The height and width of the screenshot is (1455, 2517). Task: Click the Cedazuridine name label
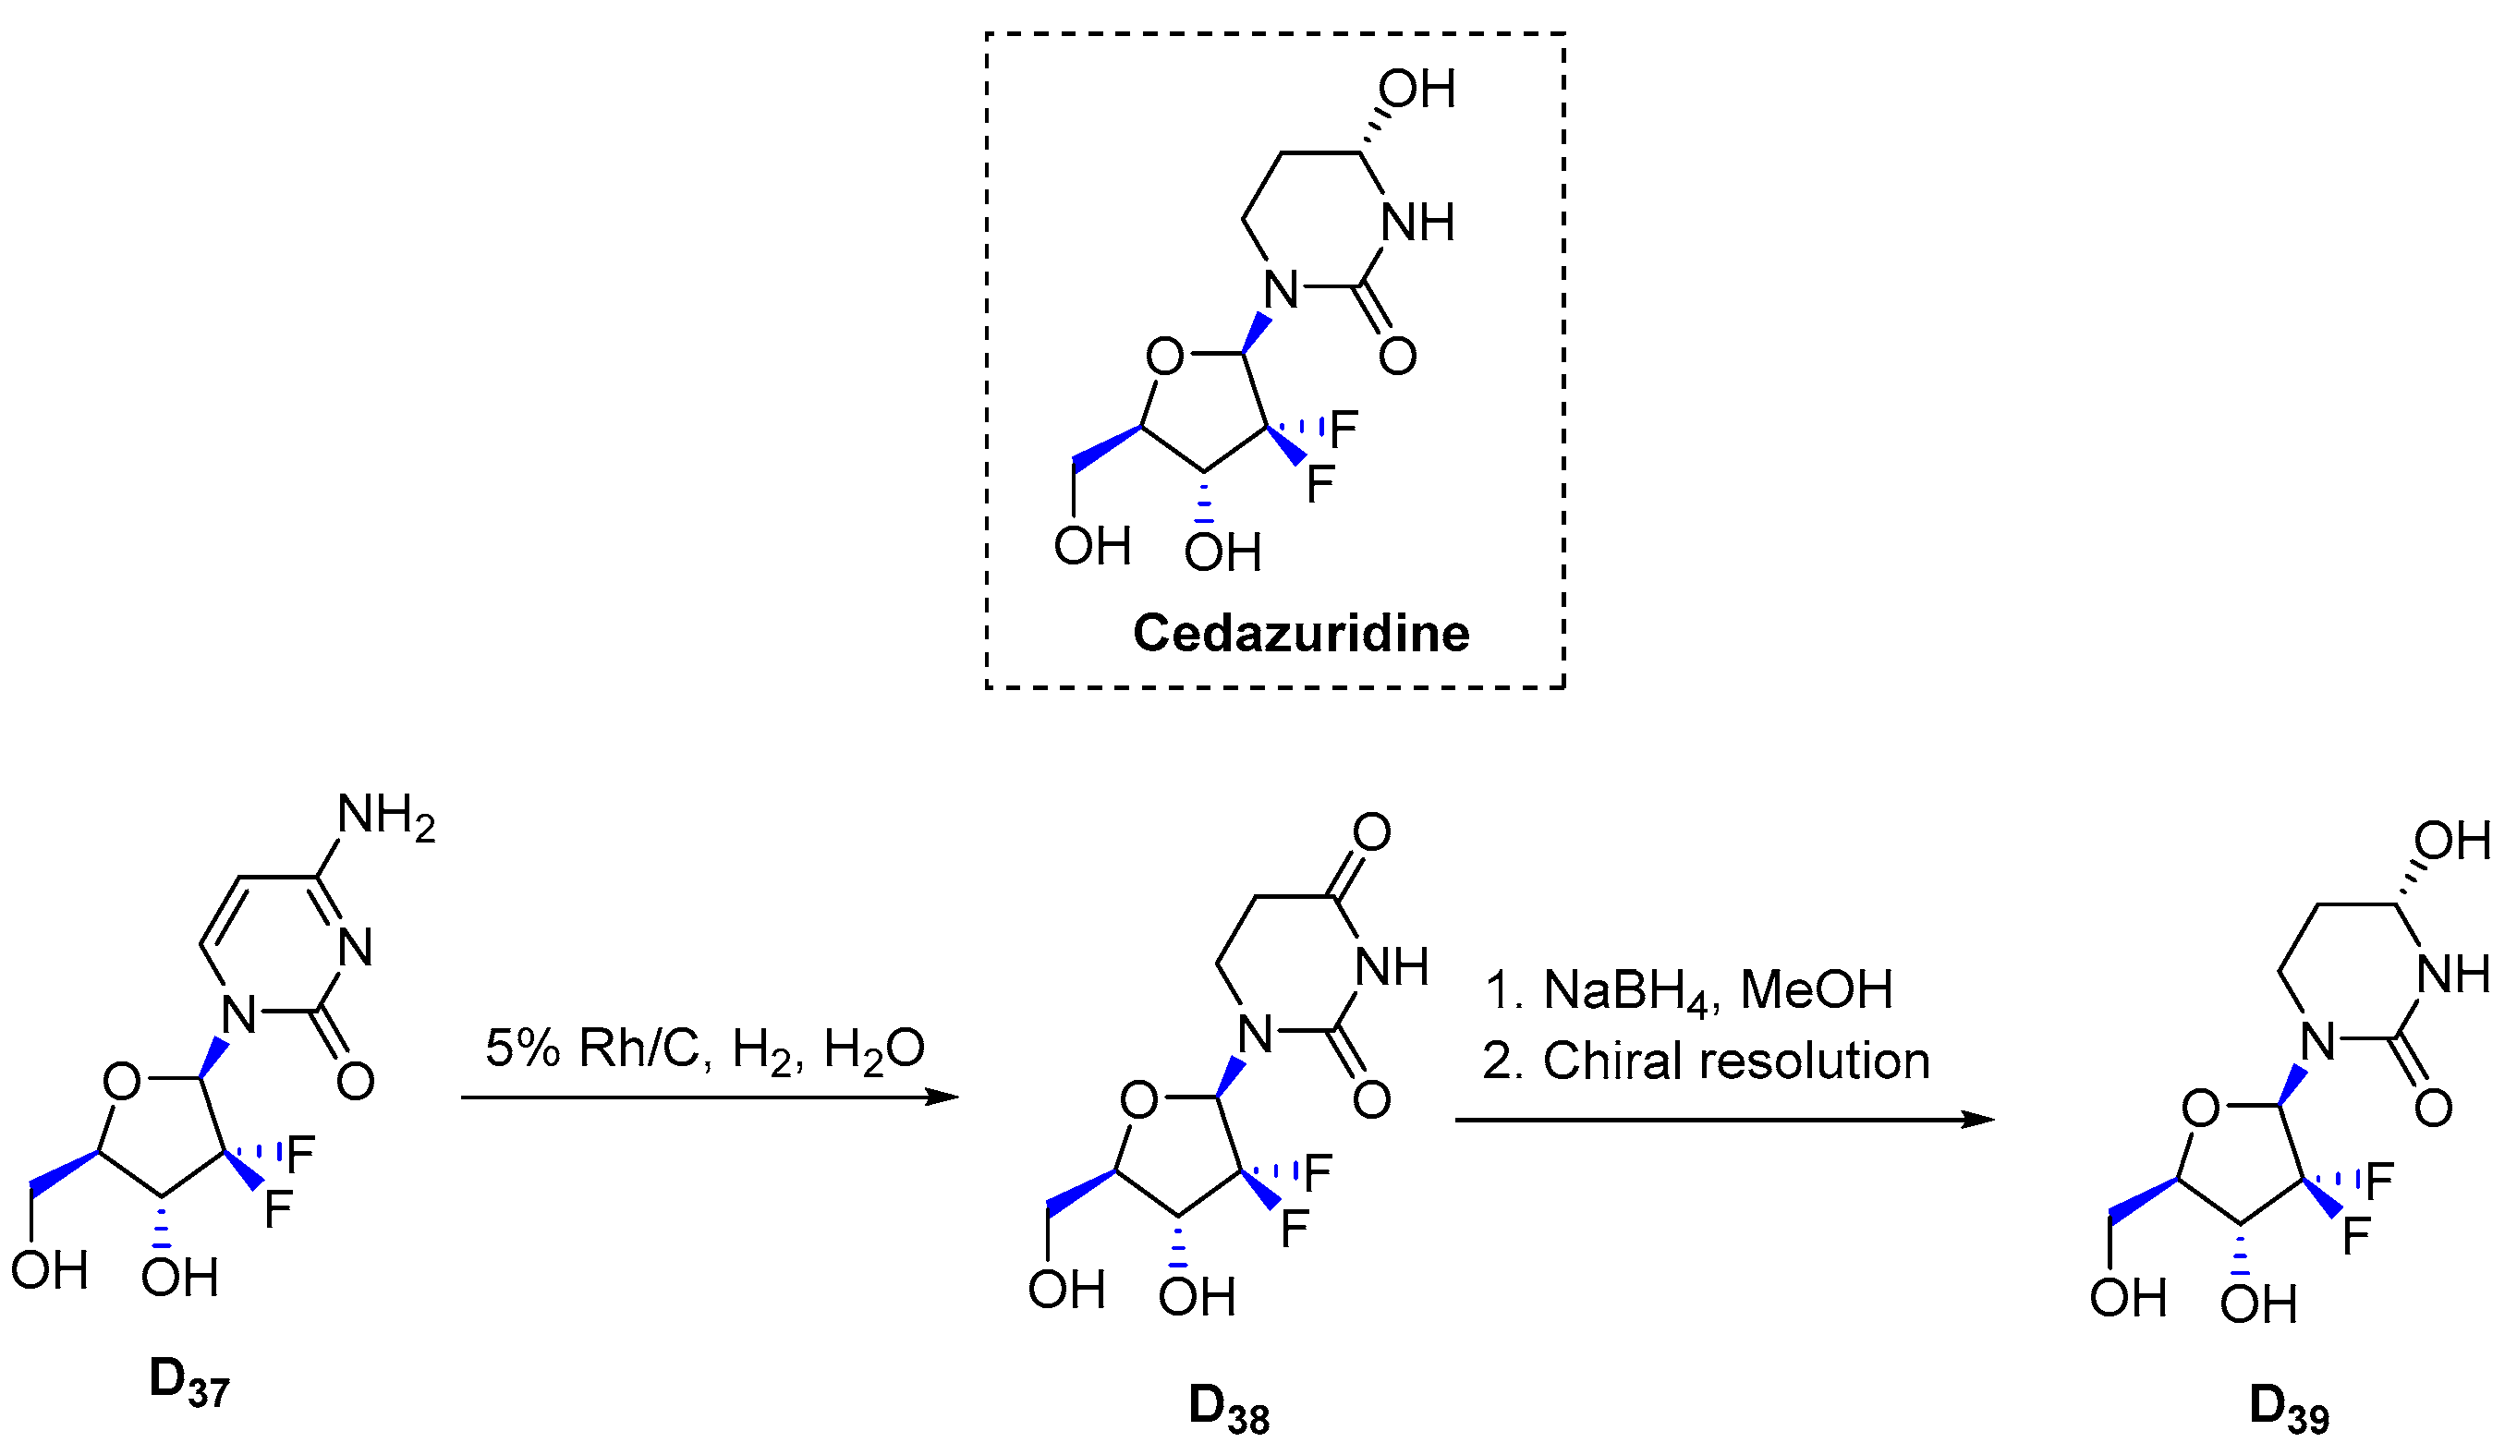pos(1300,633)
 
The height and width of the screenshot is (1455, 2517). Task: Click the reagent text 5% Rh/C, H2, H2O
pos(704,1049)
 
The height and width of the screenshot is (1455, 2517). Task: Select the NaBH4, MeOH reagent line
pos(1687,989)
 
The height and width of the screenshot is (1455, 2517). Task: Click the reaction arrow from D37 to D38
pos(709,1097)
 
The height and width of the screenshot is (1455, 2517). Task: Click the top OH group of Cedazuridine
pos(1417,90)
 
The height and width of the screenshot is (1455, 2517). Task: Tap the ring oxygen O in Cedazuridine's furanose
pos(1164,357)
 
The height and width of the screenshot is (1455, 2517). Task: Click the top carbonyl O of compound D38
pos(1371,831)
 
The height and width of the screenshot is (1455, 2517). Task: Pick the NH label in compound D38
pos(1391,966)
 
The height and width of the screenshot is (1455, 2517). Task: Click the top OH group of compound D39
pos(2452,841)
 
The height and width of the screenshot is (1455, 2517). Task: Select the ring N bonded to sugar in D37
pos(238,1014)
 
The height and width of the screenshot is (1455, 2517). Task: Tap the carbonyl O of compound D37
pos(355,1081)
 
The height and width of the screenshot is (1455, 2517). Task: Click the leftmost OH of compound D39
pos(2127,1298)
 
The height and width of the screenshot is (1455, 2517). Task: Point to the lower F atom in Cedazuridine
pos(1320,484)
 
